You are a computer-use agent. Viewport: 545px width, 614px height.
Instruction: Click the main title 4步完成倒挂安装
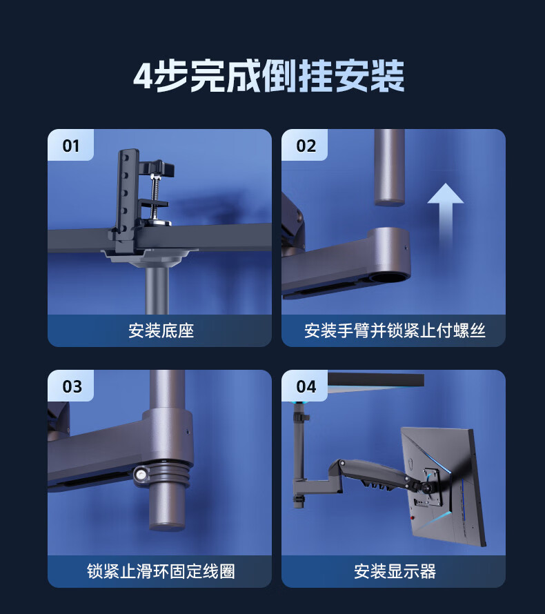click(x=269, y=76)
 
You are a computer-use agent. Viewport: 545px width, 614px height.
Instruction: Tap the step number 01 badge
click(x=71, y=146)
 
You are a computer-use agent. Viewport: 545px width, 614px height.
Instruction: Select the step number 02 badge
click(x=306, y=146)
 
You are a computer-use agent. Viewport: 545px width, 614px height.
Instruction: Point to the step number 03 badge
click(x=72, y=386)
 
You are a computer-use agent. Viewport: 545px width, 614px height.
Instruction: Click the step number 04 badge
click(x=306, y=386)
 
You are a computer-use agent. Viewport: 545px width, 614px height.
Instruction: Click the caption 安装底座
click(x=161, y=330)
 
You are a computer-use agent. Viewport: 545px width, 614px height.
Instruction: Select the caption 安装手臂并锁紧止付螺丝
click(x=395, y=330)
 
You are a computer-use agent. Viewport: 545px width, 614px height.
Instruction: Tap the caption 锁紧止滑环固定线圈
click(x=161, y=571)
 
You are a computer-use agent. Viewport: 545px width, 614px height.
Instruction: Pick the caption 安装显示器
click(x=395, y=571)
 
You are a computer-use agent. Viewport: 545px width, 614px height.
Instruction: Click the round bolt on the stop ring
click(x=141, y=475)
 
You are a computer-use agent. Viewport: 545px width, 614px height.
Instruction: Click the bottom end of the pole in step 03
click(x=167, y=526)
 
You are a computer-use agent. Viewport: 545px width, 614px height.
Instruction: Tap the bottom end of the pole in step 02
click(x=390, y=202)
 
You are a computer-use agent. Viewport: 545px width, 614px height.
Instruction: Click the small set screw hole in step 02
click(x=405, y=248)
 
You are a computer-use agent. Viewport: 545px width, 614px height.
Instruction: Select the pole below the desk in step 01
click(x=157, y=290)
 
